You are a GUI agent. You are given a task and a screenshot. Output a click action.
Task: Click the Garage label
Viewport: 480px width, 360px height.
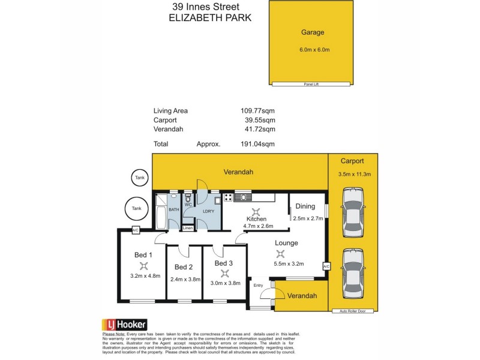pos(312,32)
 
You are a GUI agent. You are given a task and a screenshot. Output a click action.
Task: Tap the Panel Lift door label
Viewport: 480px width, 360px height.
pos(311,85)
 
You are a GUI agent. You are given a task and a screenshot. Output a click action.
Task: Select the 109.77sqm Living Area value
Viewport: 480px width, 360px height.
pos(259,110)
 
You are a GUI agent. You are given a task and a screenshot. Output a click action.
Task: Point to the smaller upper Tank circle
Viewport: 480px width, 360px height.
pos(140,178)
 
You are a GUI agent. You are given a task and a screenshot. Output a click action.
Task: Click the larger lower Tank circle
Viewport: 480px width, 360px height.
pos(136,208)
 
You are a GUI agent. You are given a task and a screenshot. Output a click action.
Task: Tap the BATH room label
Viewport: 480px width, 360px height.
pos(173,209)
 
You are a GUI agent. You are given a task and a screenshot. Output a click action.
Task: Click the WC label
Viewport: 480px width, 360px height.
pos(188,205)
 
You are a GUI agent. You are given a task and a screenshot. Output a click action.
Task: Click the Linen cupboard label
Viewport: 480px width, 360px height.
pos(188,228)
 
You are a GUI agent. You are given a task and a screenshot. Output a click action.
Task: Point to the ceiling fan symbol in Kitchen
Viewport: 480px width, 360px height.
pos(257,211)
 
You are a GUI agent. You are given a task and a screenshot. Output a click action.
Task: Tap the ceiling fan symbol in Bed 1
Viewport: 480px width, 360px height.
pos(143,265)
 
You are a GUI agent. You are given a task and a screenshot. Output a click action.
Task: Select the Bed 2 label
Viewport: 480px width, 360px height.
pos(184,267)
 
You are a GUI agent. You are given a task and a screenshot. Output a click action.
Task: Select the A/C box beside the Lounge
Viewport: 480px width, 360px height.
pos(326,266)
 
